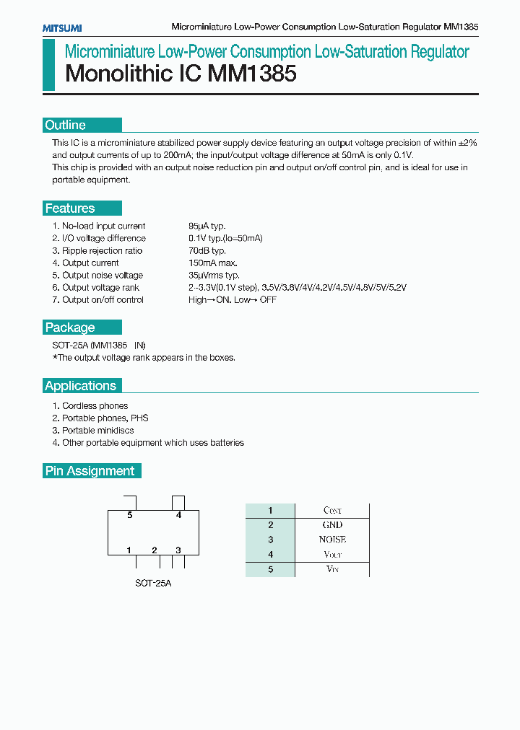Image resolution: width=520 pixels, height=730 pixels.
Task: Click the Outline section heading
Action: coord(66,125)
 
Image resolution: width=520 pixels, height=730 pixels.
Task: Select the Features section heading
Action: coord(70,208)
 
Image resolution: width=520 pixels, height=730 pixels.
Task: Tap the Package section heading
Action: coord(70,327)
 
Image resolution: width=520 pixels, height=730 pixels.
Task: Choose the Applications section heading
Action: coord(81,386)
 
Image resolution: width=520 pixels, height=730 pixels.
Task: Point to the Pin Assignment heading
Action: coord(90,471)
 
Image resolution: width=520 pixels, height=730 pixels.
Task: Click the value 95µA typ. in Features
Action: coord(207,227)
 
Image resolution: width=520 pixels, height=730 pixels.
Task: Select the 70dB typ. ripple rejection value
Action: coord(207,251)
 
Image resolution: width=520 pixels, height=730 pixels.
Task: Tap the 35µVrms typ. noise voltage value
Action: coord(214,276)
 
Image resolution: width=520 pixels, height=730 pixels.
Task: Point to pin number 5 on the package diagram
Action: coord(130,515)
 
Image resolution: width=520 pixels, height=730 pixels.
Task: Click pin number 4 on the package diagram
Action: coord(178,515)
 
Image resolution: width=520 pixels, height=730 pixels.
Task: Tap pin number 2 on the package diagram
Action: coord(155,550)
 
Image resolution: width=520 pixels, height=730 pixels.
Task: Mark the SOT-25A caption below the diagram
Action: coord(153,583)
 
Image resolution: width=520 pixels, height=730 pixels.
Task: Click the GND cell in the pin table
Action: coord(332,525)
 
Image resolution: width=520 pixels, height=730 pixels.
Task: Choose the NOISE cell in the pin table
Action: coord(332,540)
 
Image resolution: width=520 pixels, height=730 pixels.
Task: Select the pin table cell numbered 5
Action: coord(270,569)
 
